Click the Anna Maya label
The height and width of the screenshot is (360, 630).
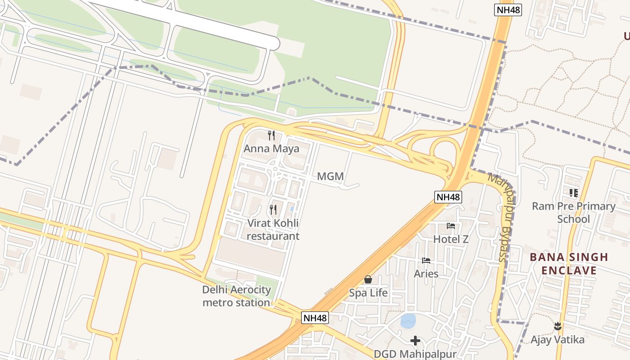271,148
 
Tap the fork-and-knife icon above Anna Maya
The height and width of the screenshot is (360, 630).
271,135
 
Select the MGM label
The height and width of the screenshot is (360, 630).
330,176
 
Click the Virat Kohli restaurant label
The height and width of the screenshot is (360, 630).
273,229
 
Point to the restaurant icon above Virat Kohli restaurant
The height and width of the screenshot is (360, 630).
273,210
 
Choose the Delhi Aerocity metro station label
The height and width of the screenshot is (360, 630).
236,296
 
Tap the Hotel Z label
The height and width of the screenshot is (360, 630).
451,239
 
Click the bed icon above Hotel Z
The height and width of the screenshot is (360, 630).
451,226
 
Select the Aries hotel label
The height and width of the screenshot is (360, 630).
426,274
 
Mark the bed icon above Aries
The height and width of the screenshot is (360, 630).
426,261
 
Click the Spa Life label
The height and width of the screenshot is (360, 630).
368,293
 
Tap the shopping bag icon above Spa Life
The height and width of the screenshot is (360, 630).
368,279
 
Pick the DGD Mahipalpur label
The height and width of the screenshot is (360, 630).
415,354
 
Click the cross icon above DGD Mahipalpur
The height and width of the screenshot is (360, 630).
415,340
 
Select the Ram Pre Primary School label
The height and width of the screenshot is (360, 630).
573,212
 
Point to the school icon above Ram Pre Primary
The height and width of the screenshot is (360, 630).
573,193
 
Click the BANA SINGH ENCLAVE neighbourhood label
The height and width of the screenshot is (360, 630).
569,264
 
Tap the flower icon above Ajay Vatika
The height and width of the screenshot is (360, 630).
558,326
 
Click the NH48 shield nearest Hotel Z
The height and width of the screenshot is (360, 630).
448,197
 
